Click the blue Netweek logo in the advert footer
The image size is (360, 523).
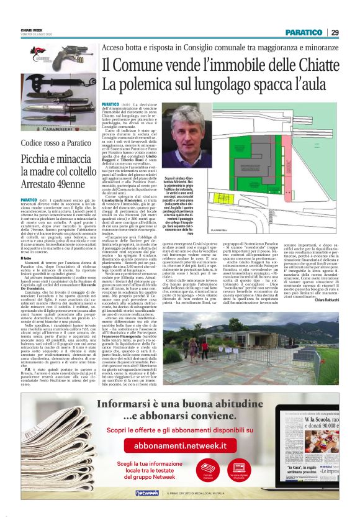click(148, 509)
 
